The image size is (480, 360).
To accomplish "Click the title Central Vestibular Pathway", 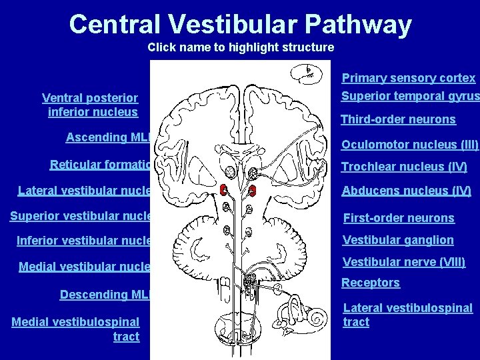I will point(240,24).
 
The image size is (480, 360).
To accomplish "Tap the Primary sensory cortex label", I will point(408,78).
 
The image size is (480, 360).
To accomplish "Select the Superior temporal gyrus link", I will point(409,96).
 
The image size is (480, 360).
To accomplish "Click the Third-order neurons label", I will point(398,120).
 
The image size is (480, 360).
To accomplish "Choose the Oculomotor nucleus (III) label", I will point(409,145).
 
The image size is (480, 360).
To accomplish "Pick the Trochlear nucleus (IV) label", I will point(404,167).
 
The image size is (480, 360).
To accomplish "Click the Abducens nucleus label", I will point(406,191).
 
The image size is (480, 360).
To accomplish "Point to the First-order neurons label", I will point(398,218).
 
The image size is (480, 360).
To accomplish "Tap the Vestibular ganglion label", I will point(397,240).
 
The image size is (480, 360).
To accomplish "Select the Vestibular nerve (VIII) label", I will point(403,262).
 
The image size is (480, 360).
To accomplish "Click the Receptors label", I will point(371,283).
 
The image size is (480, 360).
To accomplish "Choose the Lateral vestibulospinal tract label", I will point(407,315).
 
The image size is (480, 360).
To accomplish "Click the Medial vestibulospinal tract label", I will point(76,329).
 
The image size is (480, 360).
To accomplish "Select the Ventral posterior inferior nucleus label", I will point(91,105).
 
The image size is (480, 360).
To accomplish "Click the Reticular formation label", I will point(100,165).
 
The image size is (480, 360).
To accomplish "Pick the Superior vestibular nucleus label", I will point(81,215).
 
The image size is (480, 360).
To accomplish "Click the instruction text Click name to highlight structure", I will point(241,47).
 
